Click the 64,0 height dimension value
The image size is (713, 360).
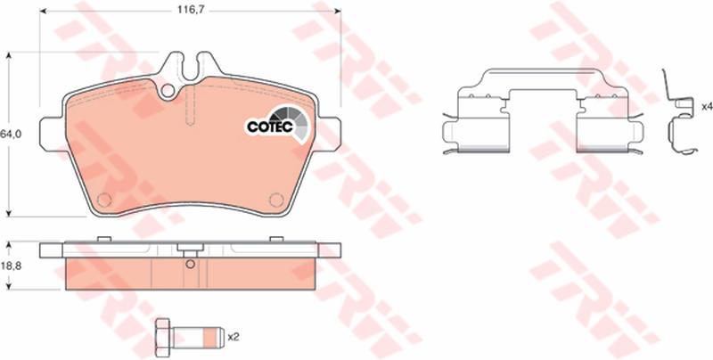(9, 134)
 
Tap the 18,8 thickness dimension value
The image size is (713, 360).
(9, 266)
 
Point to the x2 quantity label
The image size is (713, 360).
(234, 337)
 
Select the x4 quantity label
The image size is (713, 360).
(707, 107)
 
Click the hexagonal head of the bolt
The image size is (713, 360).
(162, 337)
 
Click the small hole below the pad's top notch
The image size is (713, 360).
(168, 91)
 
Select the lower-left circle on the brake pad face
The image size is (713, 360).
(104, 200)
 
